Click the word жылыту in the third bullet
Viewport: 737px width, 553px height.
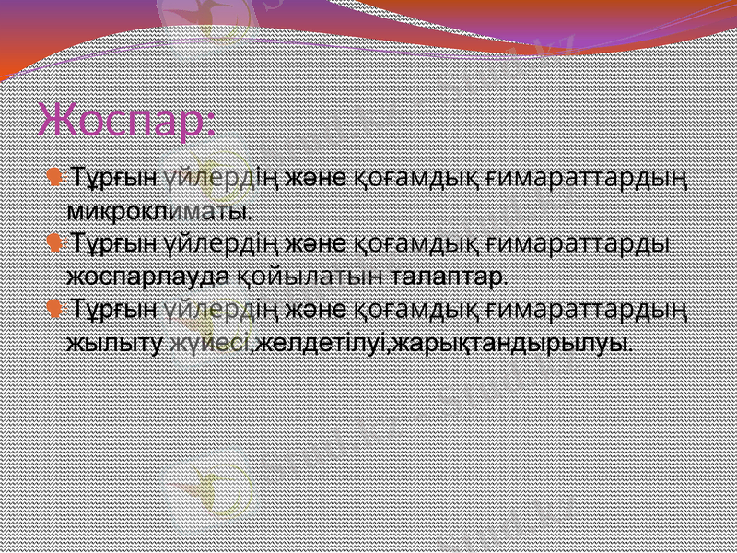pyautogui.click(x=115, y=344)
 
